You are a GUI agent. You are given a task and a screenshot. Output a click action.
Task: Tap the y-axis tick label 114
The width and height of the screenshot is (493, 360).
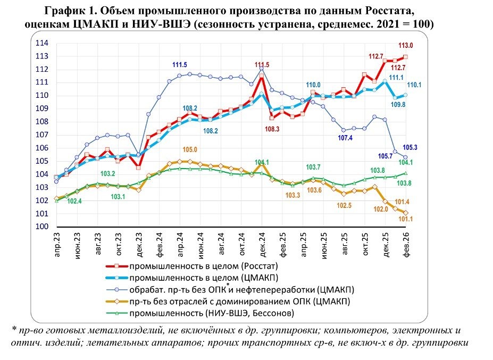42,43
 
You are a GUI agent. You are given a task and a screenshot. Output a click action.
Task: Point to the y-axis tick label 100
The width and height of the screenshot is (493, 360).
42,227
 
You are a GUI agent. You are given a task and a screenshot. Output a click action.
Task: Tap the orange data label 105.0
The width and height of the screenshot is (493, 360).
190,150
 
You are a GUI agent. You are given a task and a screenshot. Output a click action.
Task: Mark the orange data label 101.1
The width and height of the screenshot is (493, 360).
407,219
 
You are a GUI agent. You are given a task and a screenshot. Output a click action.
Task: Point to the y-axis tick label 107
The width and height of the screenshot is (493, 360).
42,135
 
